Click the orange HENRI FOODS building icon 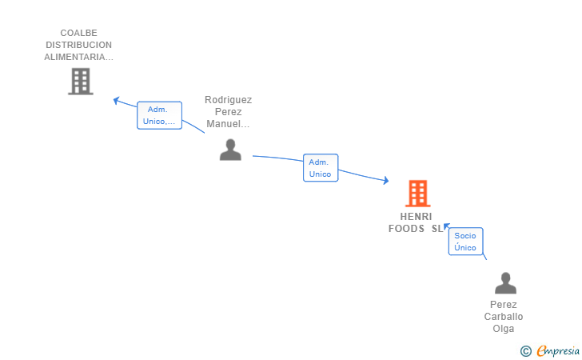tap(418, 193)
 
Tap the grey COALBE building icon tap(81, 82)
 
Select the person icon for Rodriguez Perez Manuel tap(230, 150)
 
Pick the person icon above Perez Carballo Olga tap(505, 283)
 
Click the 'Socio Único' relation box tap(465, 242)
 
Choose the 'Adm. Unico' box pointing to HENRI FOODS tap(321, 168)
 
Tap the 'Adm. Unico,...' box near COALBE tap(159, 115)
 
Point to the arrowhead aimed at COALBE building tap(116, 100)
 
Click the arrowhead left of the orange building tap(386, 181)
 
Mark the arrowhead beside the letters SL tap(447, 226)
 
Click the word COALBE tap(78, 33)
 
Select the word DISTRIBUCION tap(78, 45)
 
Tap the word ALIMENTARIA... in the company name tap(78, 57)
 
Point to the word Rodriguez tap(229, 100)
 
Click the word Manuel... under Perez tap(228, 124)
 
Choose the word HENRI tap(416, 217)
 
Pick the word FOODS tap(406, 229)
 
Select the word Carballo tap(504, 317)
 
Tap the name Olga tap(504, 329)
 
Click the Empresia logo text tap(558, 350)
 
